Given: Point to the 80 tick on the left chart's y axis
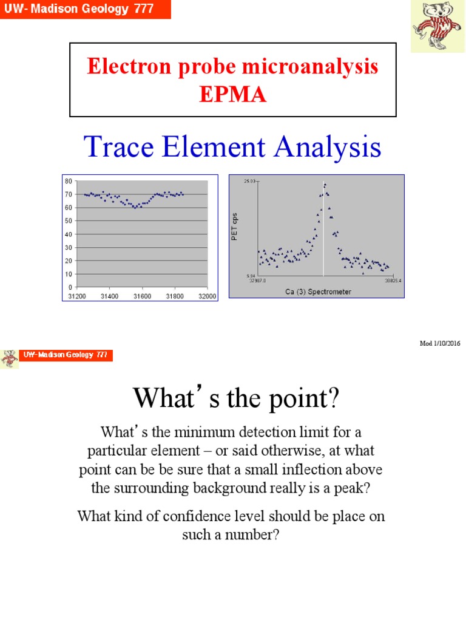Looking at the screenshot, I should [69, 181].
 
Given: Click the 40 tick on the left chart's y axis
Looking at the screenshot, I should [69, 234].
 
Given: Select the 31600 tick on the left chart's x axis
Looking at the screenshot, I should [143, 296].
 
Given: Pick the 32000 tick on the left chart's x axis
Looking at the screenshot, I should [207, 296].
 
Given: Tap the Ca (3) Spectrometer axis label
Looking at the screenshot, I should [318, 292].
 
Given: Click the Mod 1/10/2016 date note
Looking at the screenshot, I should [440, 343].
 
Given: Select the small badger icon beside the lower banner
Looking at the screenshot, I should [8, 358].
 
